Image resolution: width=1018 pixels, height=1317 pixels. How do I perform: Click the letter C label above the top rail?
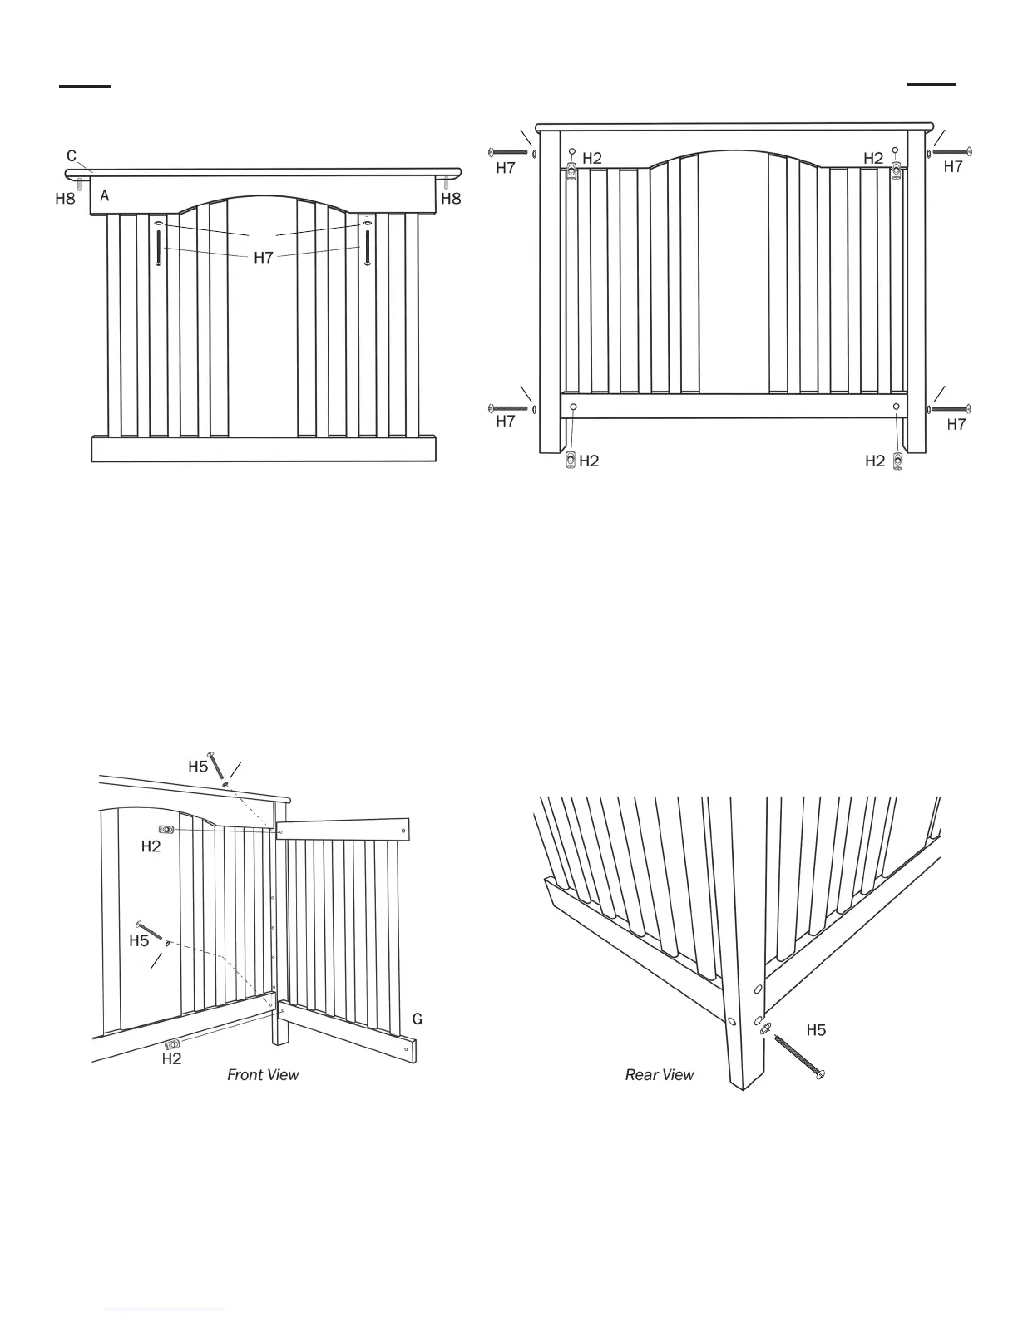(72, 155)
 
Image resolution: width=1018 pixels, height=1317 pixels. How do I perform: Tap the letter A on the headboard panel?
(105, 196)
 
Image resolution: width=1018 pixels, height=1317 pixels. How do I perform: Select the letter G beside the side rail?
(418, 1019)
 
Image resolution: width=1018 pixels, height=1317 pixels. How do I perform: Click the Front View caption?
(263, 1075)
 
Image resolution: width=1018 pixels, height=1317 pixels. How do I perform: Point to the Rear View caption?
(660, 1075)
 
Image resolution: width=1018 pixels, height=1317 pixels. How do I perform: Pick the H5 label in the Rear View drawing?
(817, 1030)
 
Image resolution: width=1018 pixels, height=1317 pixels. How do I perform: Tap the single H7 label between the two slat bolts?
(264, 258)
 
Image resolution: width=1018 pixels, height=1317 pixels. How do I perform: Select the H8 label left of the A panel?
(65, 200)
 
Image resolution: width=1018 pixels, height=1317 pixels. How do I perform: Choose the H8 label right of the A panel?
(451, 200)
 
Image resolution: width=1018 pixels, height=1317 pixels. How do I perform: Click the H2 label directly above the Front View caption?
(171, 1059)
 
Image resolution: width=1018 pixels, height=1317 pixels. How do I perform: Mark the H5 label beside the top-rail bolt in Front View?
(198, 767)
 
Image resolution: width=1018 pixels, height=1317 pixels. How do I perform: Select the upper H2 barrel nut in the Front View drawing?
(166, 830)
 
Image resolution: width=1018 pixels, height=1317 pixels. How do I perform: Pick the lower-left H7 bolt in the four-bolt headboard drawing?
(510, 408)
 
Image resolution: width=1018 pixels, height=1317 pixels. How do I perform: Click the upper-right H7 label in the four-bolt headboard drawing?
(953, 167)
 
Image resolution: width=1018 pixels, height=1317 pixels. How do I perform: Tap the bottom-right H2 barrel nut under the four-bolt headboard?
(897, 461)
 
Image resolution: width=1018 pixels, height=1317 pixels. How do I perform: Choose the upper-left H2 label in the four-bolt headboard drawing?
(592, 158)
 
